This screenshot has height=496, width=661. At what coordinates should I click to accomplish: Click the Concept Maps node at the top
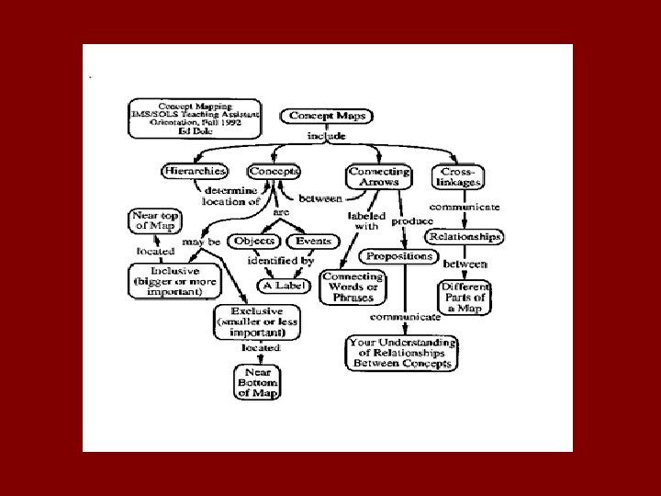pos(328,116)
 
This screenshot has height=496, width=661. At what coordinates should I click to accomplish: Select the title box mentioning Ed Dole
pos(194,118)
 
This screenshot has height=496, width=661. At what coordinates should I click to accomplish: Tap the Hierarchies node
pos(194,171)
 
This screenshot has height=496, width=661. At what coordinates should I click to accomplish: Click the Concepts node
pos(273,171)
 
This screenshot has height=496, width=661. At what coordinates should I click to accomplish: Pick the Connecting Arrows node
pos(377,176)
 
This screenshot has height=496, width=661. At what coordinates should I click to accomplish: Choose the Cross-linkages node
pos(457,176)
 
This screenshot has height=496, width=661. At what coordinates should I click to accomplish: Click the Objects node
pos(255,241)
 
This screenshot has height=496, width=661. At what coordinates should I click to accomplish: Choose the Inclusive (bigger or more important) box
pos(174,281)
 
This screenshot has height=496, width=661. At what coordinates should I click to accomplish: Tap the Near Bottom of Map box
pos(257,380)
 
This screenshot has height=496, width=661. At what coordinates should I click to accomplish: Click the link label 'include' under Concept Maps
pos(328,136)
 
